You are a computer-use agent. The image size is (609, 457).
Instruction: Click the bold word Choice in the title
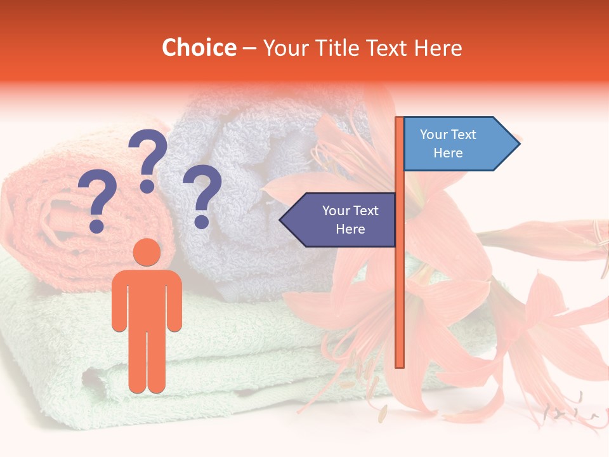coord(199,48)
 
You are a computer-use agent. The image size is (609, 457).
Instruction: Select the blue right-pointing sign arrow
coord(461,144)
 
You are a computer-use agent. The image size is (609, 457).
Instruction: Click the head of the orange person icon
coord(147,252)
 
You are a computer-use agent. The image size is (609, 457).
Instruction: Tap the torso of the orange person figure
coord(147,298)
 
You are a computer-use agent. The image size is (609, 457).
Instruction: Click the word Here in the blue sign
coord(448,153)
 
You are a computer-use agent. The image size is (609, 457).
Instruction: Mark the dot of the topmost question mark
coord(147,186)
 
